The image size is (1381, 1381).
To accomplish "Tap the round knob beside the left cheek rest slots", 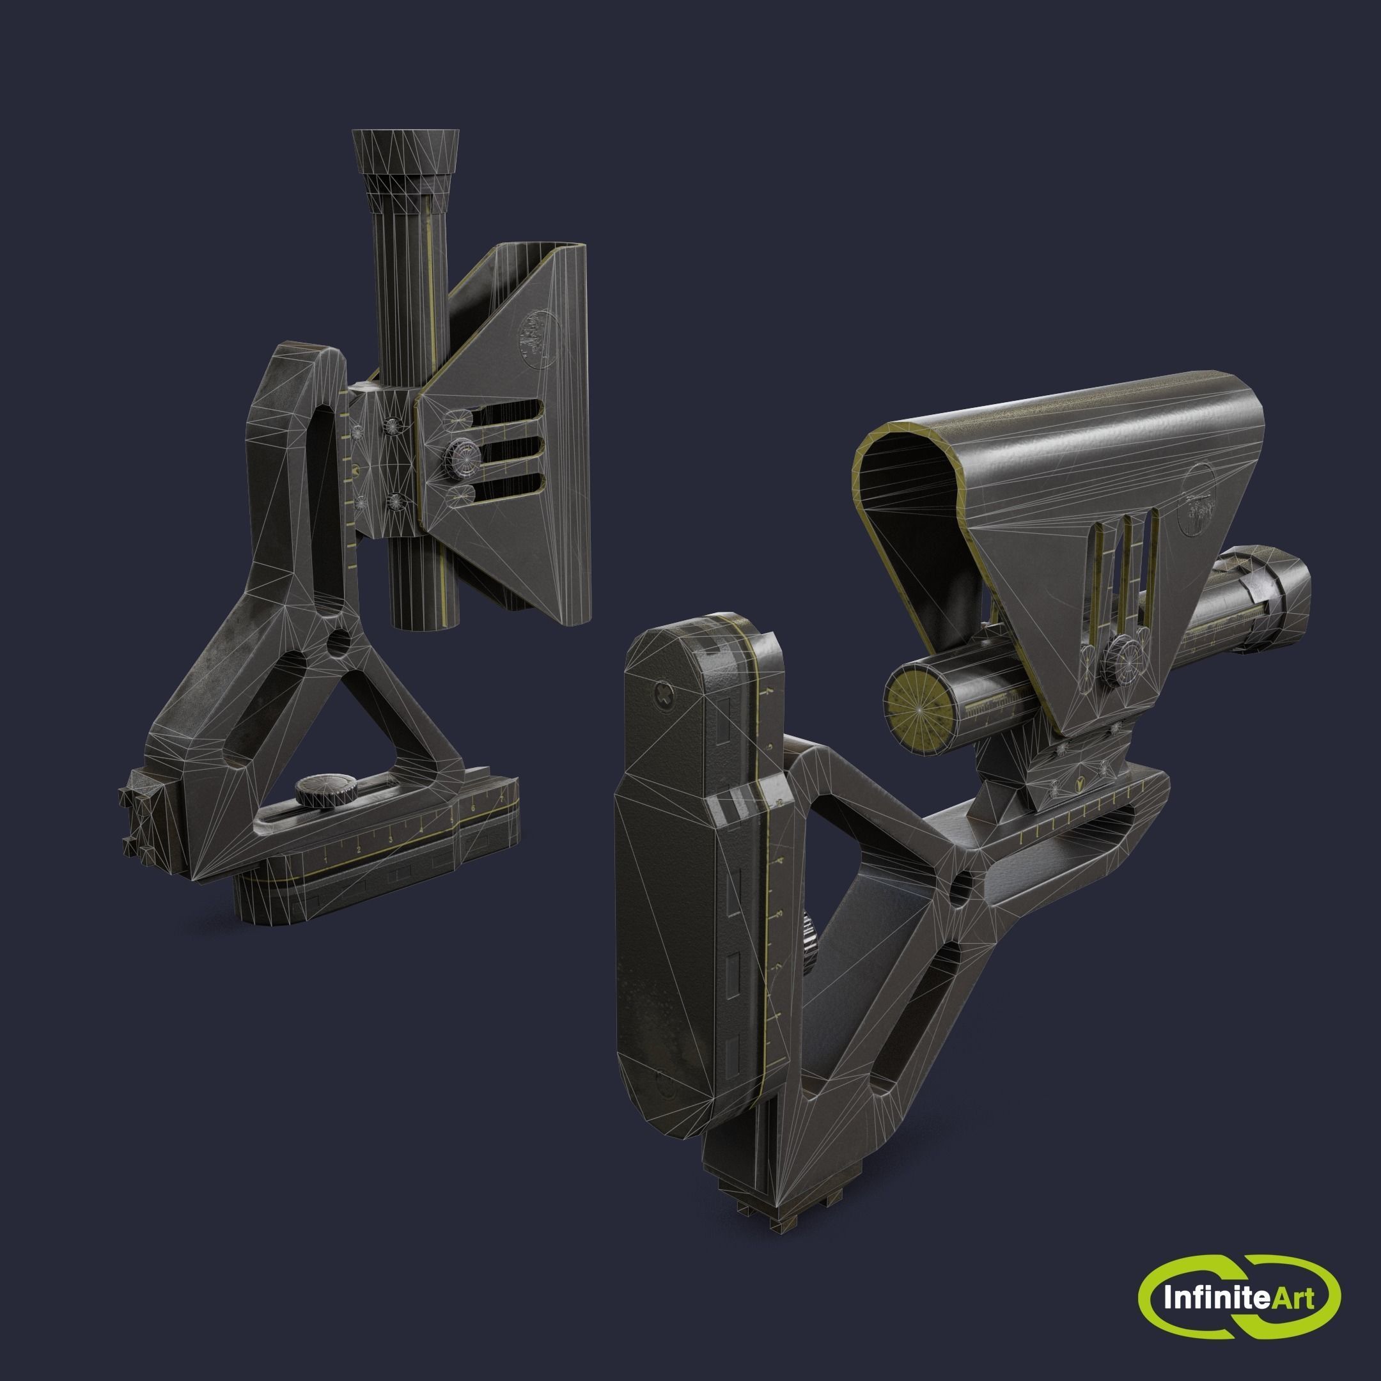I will click(x=458, y=454).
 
